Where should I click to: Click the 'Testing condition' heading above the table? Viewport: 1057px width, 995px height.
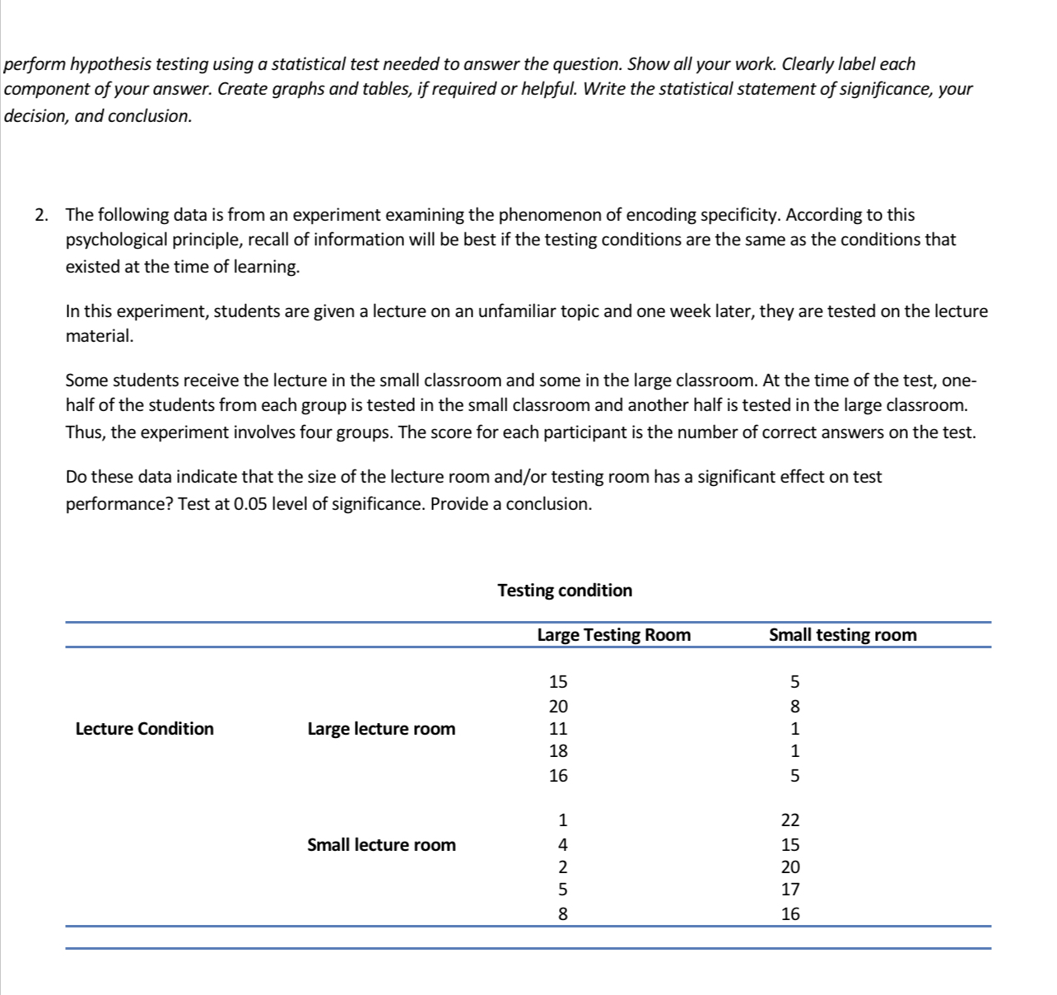(565, 591)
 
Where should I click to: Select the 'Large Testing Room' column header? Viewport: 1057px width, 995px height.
(613, 635)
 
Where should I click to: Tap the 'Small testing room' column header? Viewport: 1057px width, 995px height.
(842, 635)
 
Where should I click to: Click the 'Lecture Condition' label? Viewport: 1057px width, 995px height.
(144, 729)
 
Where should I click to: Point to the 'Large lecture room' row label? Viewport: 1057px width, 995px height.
(380, 729)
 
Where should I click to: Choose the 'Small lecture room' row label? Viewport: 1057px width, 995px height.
(381, 845)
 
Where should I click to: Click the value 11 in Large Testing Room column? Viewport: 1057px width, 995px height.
(558, 729)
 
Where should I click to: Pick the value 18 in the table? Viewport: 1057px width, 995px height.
(558, 751)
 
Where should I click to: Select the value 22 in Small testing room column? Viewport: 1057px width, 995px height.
(790, 820)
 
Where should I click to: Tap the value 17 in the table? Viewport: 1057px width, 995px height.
(790, 890)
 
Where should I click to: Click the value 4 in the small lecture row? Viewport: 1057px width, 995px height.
(562, 845)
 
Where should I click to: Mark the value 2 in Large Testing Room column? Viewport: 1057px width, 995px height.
(562, 867)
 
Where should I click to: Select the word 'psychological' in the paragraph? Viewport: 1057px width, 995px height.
(118, 241)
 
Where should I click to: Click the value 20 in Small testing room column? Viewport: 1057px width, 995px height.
(790, 867)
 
